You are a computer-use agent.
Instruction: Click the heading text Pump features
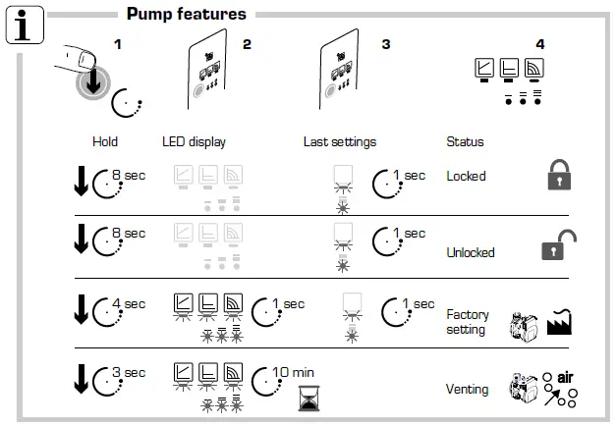(187, 14)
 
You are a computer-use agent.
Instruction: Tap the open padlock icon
(557, 246)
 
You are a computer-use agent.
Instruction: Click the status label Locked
(466, 177)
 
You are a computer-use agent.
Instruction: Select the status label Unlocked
(471, 252)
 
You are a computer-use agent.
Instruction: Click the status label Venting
(467, 390)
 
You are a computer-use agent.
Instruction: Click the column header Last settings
(339, 142)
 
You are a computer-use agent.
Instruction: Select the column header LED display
(195, 142)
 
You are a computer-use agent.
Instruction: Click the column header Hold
(105, 142)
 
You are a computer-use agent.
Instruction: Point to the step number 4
(539, 44)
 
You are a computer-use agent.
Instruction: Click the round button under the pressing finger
(91, 86)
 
